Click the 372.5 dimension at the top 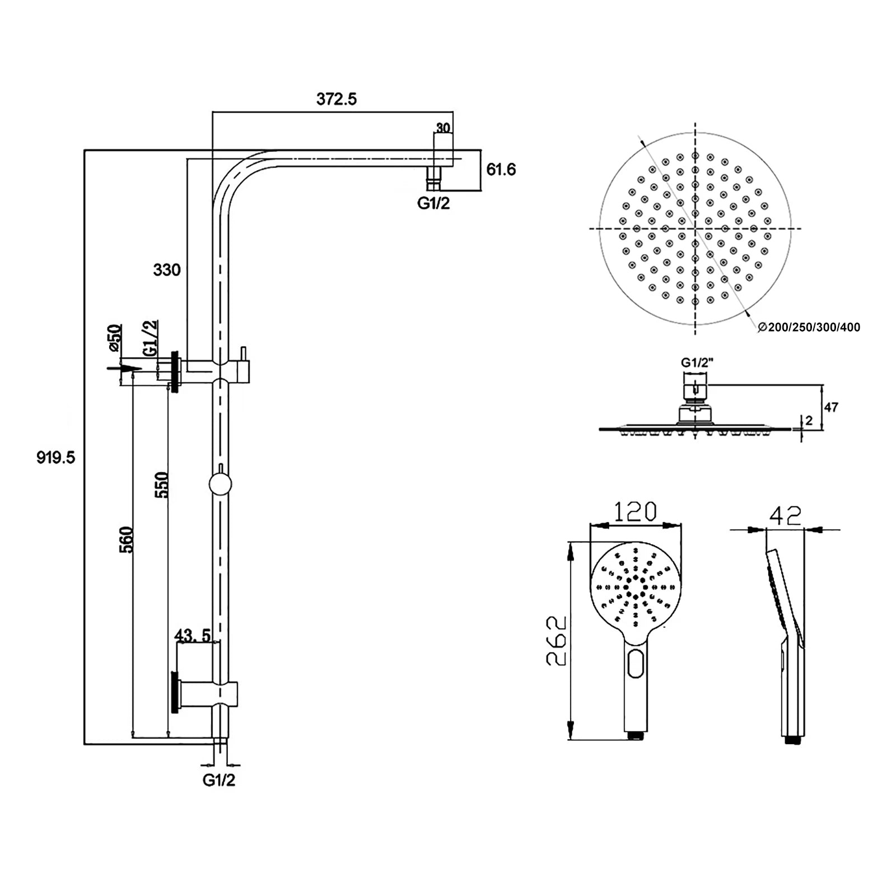tap(336, 99)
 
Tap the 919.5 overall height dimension tap(55, 458)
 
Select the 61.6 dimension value tap(501, 169)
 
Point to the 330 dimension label tap(167, 270)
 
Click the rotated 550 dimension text tap(162, 485)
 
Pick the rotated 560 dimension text tap(127, 539)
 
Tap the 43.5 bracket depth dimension tap(193, 636)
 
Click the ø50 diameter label tap(114, 338)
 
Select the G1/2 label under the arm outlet tap(433, 203)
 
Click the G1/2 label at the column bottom tap(219, 780)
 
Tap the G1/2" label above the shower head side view tap(697, 363)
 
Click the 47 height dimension tap(831, 407)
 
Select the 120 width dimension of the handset tap(635, 511)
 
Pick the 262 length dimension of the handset tap(557, 641)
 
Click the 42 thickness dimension tap(785, 515)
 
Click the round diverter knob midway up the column tap(220, 484)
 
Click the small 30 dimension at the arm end tap(443, 128)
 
